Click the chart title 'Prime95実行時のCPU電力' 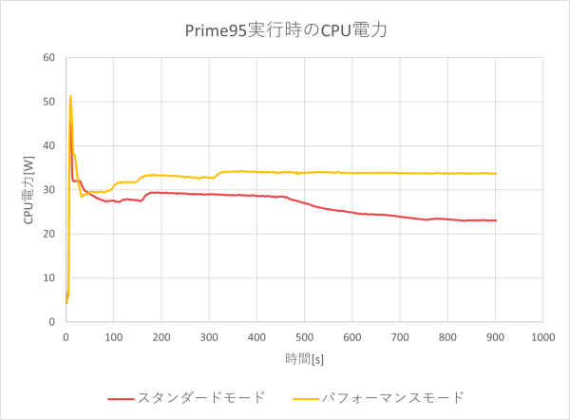[285, 30]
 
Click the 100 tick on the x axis [113, 335]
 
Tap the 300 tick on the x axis [208, 335]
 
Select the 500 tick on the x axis [304, 335]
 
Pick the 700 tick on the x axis [400, 335]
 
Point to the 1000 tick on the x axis [542, 335]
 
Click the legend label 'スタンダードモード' [201, 396]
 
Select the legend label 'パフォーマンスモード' [392, 396]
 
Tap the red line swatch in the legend [121, 397]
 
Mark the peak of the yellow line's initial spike [70, 96]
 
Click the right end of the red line [496, 220]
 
